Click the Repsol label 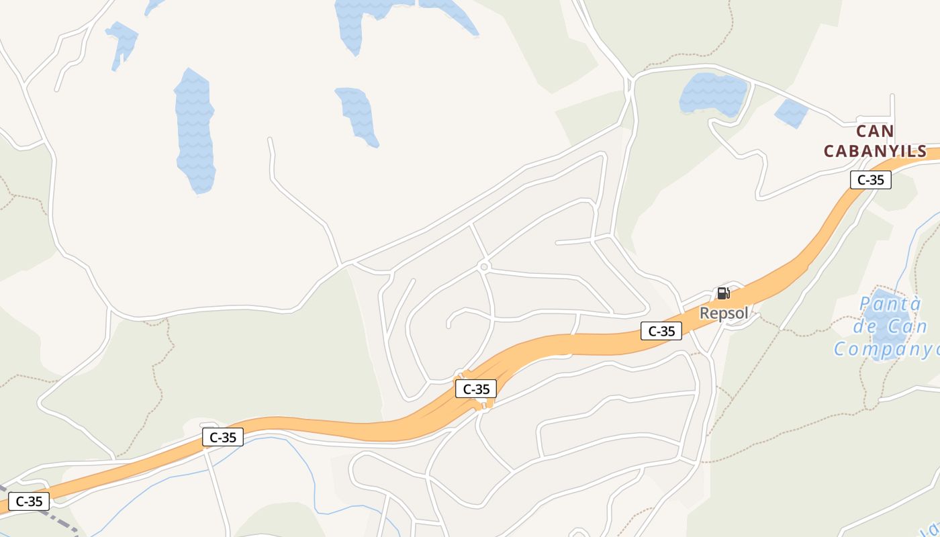pos(724,313)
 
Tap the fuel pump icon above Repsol pos(723,293)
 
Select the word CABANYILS pos(875,152)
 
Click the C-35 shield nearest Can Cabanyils pos(871,180)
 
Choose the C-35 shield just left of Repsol pos(661,331)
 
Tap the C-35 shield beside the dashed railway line pos(29,501)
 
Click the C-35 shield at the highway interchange pos(476,389)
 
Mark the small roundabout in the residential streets pos(484,267)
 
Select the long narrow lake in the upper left pos(195,131)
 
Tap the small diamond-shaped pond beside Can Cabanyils pos(792,113)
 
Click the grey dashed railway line pos(57,517)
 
